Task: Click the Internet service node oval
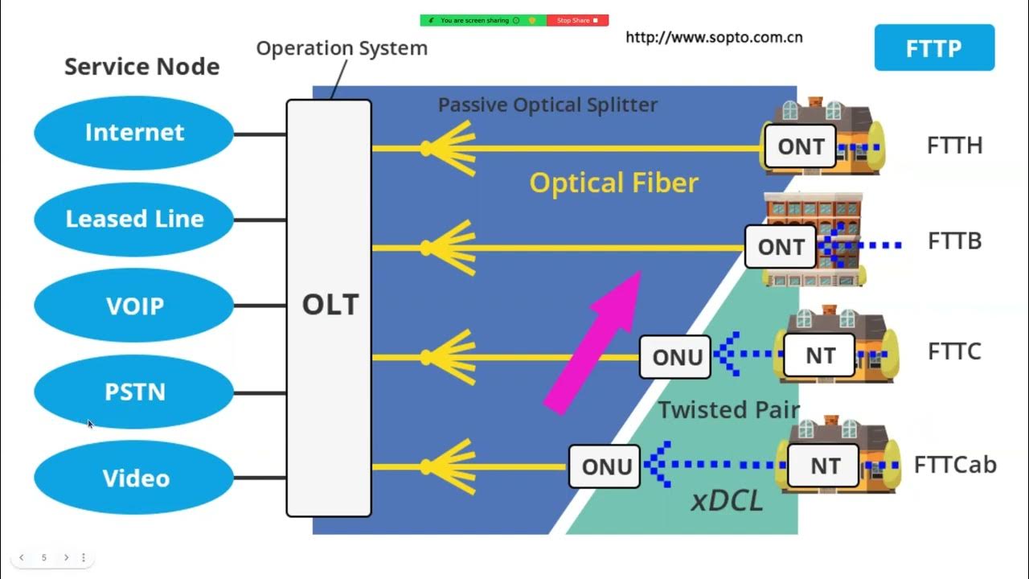point(134,133)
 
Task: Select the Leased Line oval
point(134,219)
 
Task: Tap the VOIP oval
point(134,306)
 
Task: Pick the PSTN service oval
point(134,392)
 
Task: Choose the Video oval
point(134,478)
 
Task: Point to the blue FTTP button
point(933,48)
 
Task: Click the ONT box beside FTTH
point(800,146)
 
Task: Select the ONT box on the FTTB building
point(781,247)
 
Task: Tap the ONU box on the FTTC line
point(675,357)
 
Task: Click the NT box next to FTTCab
point(824,466)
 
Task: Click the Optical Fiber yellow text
point(613,183)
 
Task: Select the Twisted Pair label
point(728,409)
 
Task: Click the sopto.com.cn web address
point(714,37)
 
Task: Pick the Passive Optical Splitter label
point(547,105)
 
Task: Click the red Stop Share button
point(577,20)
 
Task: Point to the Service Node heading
point(141,66)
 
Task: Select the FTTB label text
point(954,241)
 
